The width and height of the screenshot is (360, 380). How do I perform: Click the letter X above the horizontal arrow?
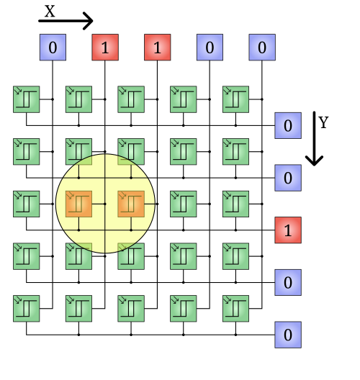tap(50, 11)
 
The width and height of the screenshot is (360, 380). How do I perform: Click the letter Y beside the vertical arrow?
tap(323, 122)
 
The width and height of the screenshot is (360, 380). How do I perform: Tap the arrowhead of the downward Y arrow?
tap(314, 161)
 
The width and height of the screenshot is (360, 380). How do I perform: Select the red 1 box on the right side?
tap(288, 230)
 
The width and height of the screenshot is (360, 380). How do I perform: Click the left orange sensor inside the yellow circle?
tap(78, 204)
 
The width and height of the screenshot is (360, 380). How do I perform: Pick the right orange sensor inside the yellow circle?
tap(131, 204)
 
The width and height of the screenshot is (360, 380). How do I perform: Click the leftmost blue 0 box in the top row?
tap(53, 47)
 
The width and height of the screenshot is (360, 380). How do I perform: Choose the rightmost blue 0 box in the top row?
tap(262, 47)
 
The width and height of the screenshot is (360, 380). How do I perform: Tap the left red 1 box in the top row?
tap(105, 47)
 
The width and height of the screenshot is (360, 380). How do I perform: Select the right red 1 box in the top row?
tap(158, 47)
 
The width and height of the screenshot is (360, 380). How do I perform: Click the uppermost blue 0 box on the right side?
tap(288, 125)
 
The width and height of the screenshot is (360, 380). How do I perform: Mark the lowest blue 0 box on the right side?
tap(288, 335)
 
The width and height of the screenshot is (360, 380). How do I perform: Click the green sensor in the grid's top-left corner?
tap(27, 99)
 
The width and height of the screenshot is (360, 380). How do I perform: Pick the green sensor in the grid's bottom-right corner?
tap(235, 309)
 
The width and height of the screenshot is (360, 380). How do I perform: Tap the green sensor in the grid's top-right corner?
tap(235, 99)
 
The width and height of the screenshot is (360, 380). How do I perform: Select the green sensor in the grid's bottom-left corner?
tap(27, 309)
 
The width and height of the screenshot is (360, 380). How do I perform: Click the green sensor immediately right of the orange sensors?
tap(184, 204)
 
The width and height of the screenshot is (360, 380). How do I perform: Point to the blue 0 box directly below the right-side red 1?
tap(288, 282)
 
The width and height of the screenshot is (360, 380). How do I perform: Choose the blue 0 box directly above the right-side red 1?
tap(288, 178)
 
